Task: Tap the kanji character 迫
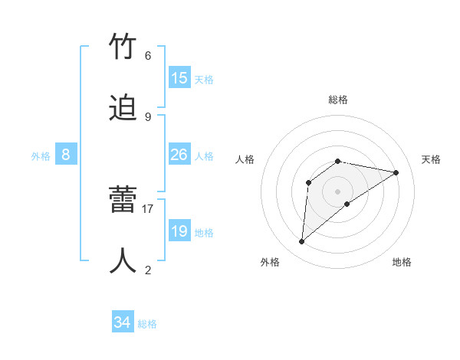pos(123,109)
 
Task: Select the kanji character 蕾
pos(123,201)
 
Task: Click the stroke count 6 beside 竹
pos(148,56)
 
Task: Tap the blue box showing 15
pos(179,78)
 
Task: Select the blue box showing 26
pos(179,155)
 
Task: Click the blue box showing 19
pos(179,231)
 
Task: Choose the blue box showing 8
pos(66,155)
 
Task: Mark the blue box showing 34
pos(123,323)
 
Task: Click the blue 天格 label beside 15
pos(204,80)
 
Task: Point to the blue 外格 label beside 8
pos(41,156)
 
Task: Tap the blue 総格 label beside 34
pos(147,325)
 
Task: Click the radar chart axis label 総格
pos(338,100)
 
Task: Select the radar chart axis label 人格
pos(245,159)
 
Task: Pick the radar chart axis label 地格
pos(402,262)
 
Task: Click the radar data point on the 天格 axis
pos(396,172)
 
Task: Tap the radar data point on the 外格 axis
pos(302,242)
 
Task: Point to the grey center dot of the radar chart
pos(338,191)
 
